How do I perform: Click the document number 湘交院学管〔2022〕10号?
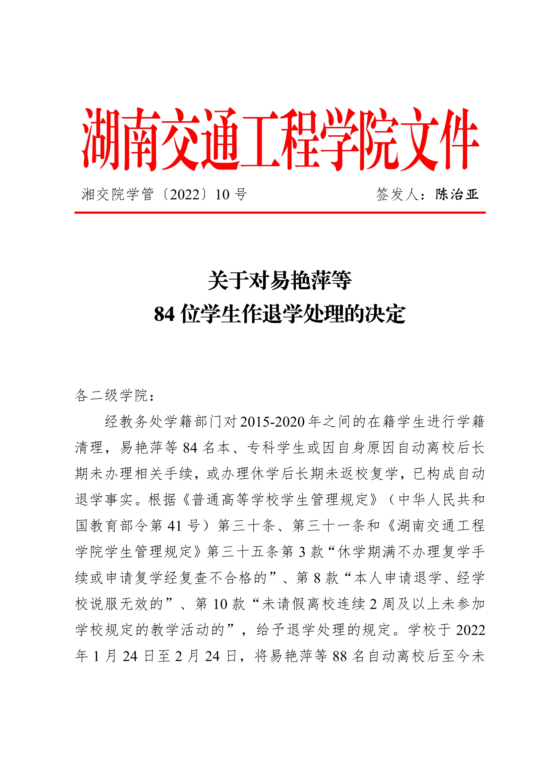pos(164,195)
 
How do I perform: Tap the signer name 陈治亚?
pos(457,194)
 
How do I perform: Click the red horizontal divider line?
pos(280,213)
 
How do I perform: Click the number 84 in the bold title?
pos(164,314)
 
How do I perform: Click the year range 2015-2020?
pos(272,422)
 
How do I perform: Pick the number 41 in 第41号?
pos(174,526)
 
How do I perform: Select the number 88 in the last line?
pos(340,656)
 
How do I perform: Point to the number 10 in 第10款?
pos(220,604)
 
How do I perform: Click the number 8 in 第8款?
pos(317,578)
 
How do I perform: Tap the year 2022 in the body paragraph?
pos(470,630)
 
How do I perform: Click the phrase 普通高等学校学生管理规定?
pos(280,500)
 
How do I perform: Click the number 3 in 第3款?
pos(302,552)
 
